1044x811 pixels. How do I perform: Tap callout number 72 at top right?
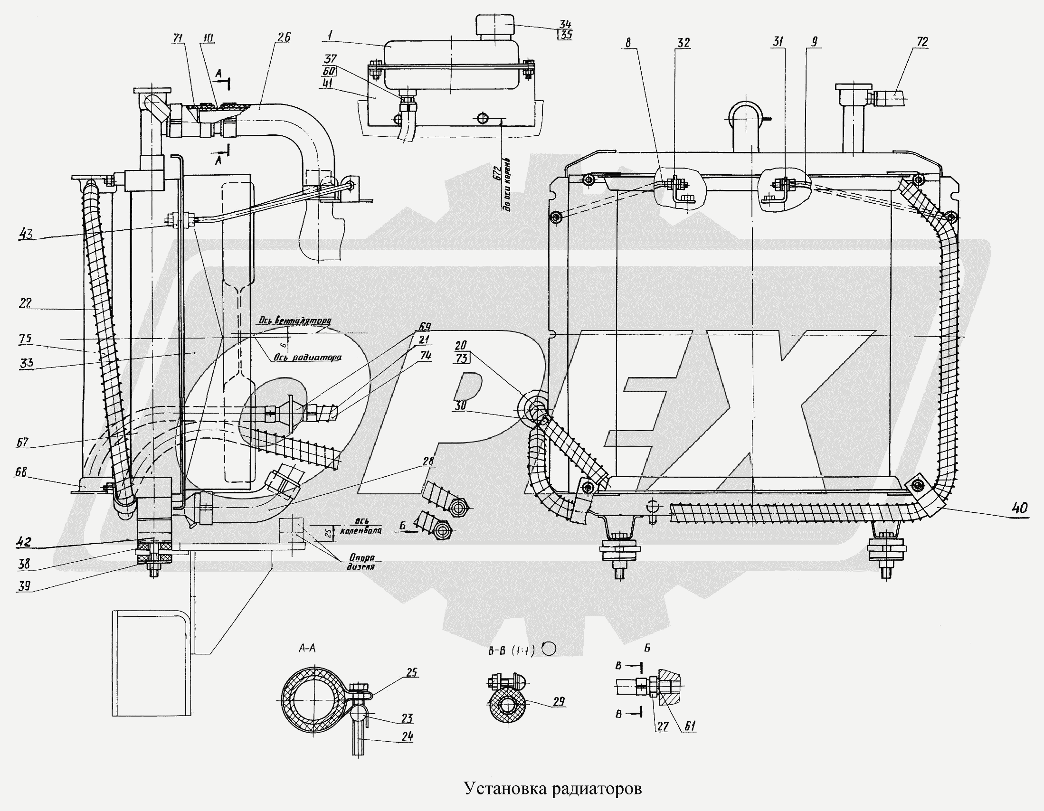coord(921,42)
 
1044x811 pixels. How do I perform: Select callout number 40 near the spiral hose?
coord(1020,508)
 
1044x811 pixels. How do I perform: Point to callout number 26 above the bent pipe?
coord(284,38)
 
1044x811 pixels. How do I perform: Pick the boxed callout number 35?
coord(566,35)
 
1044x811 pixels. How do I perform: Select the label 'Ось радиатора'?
coord(308,357)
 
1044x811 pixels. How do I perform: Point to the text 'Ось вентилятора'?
coord(295,321)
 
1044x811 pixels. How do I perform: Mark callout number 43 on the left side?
coord(26,235)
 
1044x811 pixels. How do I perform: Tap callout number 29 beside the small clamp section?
coord(558,702)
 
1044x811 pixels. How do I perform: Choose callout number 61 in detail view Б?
coord(689,726)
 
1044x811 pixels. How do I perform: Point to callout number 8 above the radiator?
coord(627,43)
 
